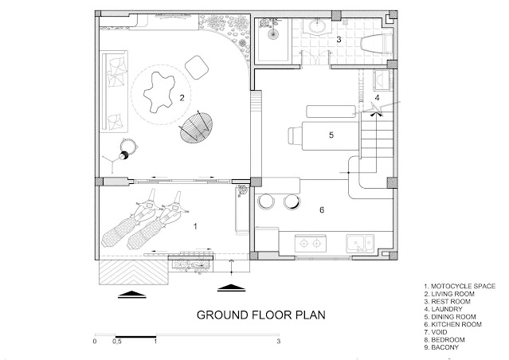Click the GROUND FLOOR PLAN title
point(261,315)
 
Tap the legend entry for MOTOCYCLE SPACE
point(460,286)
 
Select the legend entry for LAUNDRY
point(443,309)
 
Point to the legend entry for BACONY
point(441,347)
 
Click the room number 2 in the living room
point(182,98)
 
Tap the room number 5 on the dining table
point(331,135)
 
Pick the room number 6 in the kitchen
point(322,210)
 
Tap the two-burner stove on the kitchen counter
point(311,244)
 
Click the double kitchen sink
point(360,244)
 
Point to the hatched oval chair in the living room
point(197,127)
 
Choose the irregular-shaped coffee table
point(159,92)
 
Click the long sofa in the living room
point(114,92)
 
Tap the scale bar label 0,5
point(117,342)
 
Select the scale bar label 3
point(278,341)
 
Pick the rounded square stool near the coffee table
point(197,67)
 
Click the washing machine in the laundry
point(382,80)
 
